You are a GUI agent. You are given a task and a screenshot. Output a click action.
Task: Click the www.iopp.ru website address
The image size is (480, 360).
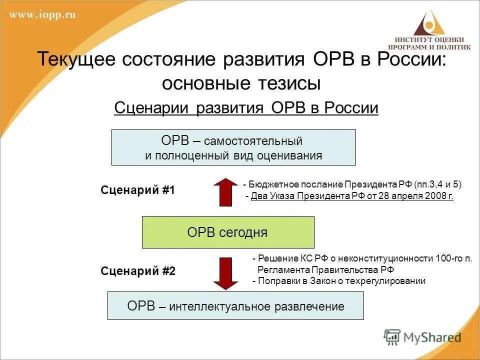tap(42, 15)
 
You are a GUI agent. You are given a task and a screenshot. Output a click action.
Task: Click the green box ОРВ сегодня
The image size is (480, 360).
tap(228, 232)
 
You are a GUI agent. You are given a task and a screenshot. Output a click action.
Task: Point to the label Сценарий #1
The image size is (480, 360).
tap(138, 190)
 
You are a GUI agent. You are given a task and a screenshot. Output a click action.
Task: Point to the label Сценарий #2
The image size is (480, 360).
tap(138, 271)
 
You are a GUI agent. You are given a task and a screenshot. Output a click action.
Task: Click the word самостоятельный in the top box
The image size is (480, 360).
tap(253, 141)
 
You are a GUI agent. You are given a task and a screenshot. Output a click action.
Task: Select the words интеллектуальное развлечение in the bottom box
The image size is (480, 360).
tap(256, 306)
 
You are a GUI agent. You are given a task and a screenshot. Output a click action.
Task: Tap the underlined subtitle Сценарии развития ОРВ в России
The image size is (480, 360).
tap(246, 107)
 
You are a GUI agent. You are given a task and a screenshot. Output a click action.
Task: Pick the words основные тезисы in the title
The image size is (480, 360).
tap(240, 83)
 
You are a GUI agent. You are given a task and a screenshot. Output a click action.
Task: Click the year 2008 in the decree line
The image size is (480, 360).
tap(434, 196)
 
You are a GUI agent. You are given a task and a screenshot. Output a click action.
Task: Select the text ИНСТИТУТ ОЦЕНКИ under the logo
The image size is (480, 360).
tap(429, 39)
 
